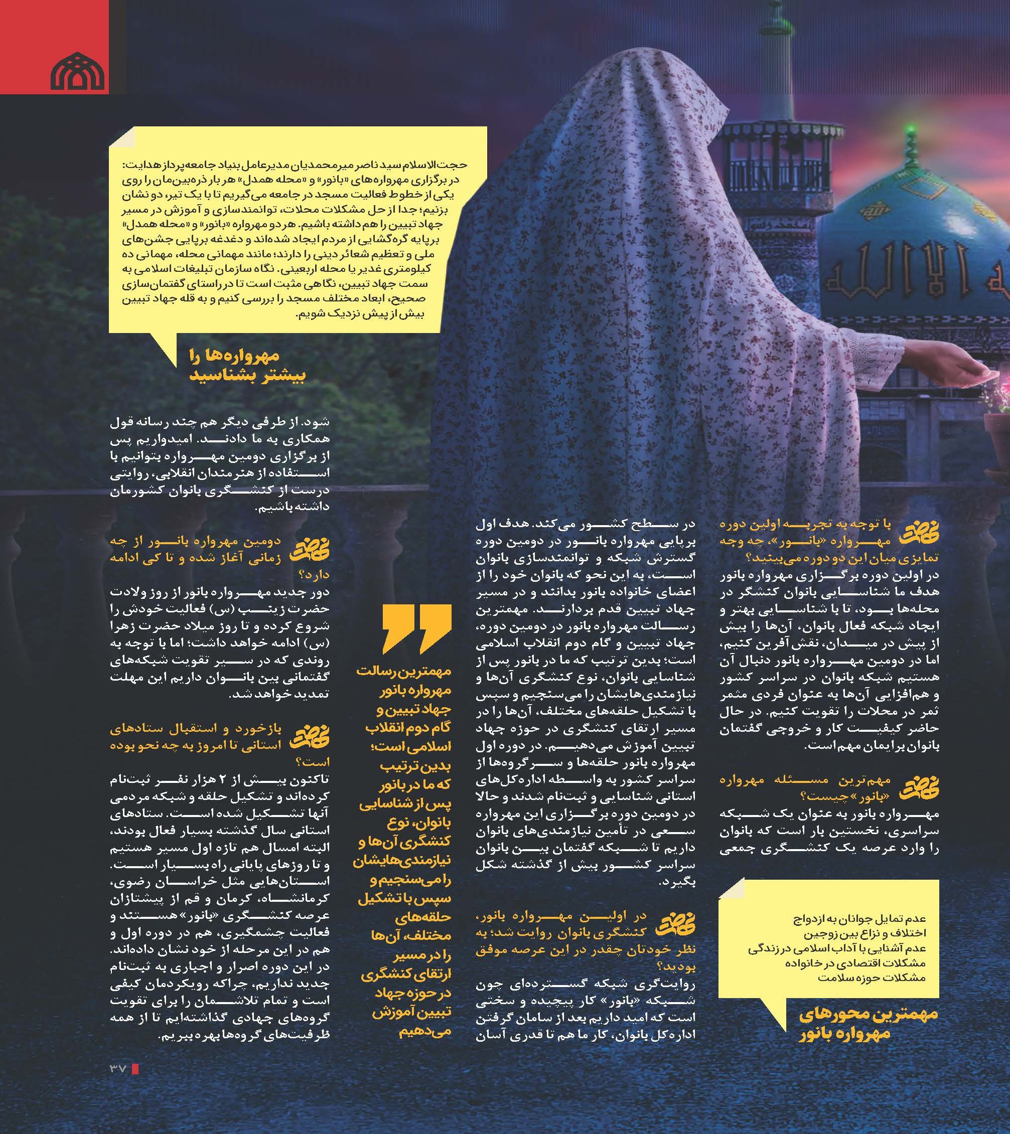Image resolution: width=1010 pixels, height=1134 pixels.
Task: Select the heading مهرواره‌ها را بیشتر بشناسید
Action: [247, 366]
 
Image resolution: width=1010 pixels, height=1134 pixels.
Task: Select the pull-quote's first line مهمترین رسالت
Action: [403, 672]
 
